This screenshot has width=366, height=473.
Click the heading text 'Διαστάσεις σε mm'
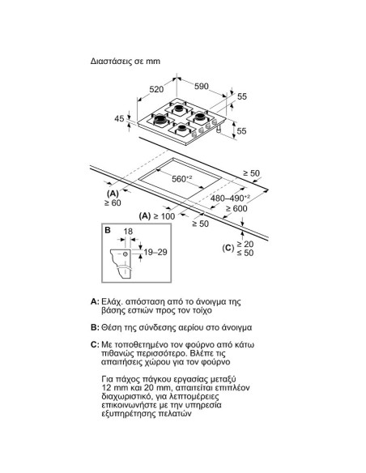point(130,60)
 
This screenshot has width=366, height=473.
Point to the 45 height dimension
point(120,119)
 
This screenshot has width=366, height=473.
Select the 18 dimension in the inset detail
point(126,232)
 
